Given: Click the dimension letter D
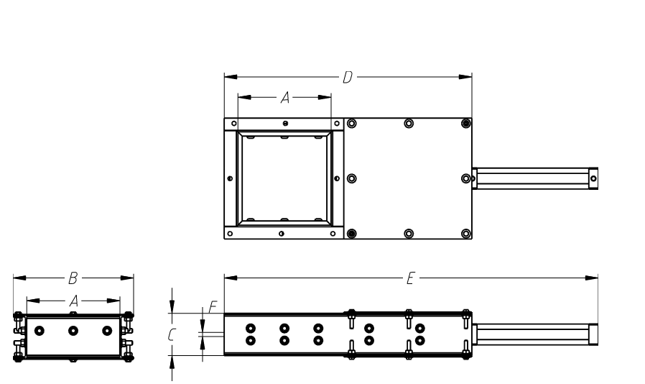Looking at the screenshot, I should coord(347,77).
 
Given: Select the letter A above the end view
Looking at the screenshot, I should coord(73,302).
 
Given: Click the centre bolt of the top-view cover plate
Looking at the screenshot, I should coord(409,178).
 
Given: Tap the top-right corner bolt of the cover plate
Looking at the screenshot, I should coord(466,124).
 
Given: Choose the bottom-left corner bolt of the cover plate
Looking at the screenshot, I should coord(351,233).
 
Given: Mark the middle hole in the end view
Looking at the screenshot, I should coord(73,330).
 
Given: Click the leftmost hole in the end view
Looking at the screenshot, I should coord(39,330).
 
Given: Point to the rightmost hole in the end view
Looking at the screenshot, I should coord(108,330).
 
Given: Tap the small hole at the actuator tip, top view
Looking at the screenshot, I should coord(593,178).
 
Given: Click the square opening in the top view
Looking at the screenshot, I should coord(284,178).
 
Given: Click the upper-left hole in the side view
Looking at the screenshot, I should coord(251,327).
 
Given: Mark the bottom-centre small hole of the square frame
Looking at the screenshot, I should coord(282,234).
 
